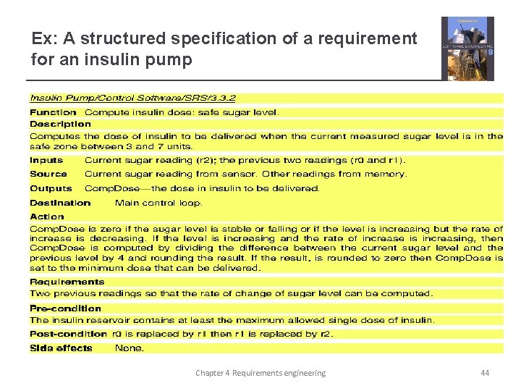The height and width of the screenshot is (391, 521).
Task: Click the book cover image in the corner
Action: [467, 48]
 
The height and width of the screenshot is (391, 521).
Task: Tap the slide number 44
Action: [485, 373]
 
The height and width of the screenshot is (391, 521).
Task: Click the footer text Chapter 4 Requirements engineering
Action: [260, 373]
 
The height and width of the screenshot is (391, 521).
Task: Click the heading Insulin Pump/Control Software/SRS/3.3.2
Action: [132, 98]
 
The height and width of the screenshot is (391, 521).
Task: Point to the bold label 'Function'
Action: [53, 112]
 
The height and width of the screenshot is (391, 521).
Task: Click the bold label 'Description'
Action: [60, 124]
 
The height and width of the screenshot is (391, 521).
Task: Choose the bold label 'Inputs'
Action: [46, 160]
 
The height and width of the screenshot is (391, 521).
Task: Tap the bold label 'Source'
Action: [48, 174]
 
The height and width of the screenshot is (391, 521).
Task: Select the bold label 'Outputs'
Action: [51, 188]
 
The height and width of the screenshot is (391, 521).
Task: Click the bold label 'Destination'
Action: [60, 203]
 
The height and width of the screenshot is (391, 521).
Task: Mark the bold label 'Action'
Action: [47, 216]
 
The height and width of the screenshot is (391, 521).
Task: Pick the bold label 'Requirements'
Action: [67, 282]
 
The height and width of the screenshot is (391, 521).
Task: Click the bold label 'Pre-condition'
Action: [65, 308]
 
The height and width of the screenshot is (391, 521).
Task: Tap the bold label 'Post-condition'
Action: [68, 334]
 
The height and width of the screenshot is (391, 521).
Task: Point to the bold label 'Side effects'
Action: [61, 348]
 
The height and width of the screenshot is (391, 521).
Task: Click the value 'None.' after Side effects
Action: [130, 348]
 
